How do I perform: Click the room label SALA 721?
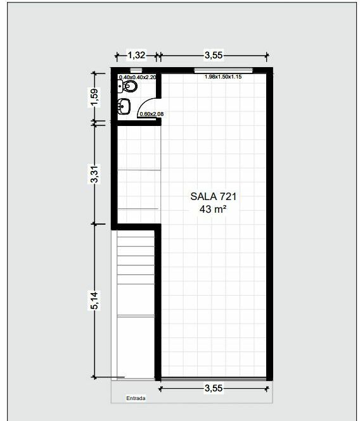pyautogui.click(x=214, y=196)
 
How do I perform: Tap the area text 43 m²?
pyautogui.click(x=213, y=209)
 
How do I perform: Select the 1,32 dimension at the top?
pyautogui.click(x=136, y=55)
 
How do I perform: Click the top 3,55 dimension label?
pyautogui.click(x=214, y=55)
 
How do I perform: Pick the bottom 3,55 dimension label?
pyautogui.click(x=214, y=388)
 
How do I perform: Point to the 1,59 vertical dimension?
pyautogui.click(x=94, y=97)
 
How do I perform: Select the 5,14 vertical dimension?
pyautogui.click(x=94, y=300)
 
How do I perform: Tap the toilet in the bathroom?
pyautogui.click(x=127, y=87)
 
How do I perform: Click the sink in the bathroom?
pyautogui.click(x=124, y=106)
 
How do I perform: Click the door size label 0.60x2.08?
pyautogui.click(x=151, y=114)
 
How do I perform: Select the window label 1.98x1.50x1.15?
pyautogui.click(x=223, y=77)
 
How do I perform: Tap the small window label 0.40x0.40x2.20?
pyautogui.click(x=138, y=77)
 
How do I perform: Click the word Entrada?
pyautogui.click(x=136, y=398)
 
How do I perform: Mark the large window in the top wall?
pyautogui.click(x=224, y=71)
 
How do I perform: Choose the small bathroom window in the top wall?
pyautogui.click(x=136, y=70)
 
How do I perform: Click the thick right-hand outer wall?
pyautogui.click(x=269, y=224)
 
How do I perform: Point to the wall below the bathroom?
pyautogui.click(x=139, y=123)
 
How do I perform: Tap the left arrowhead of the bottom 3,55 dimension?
pyautogui.click(x=160, y=389)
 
